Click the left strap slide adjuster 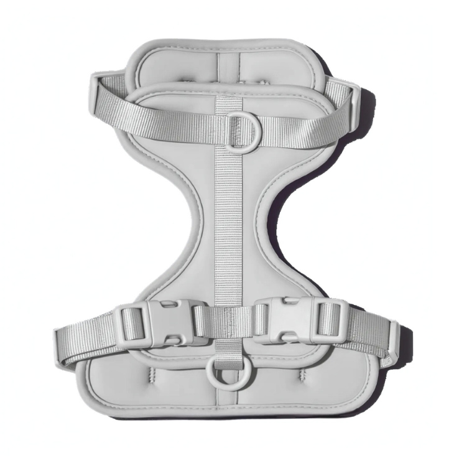(132, 325)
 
